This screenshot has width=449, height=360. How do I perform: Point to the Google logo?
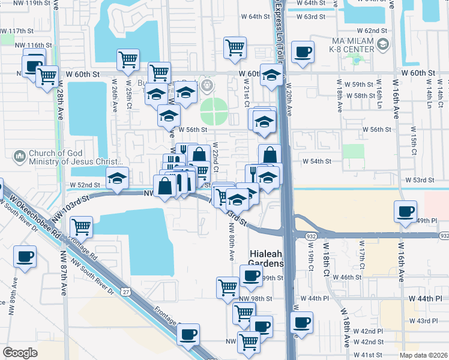20,353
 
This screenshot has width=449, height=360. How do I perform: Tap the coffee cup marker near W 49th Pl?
406,211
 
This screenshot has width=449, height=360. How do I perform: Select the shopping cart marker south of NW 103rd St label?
80,227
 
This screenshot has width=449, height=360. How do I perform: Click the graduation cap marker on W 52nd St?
117,178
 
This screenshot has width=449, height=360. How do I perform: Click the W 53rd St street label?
420,180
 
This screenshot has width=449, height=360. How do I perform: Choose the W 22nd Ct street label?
215,157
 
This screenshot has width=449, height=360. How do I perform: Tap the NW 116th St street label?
31,45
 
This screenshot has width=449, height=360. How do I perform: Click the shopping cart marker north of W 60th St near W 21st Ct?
235,47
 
